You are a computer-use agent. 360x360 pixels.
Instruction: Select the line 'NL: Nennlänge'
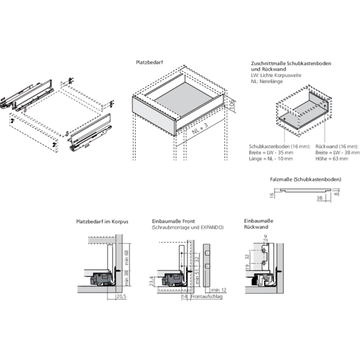tap(266, 81)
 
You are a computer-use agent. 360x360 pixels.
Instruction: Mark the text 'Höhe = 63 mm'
tap(330, 158)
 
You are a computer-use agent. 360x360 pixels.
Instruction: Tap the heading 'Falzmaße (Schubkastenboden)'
tap(306, 179)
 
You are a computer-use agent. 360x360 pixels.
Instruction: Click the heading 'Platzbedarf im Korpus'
tap(102, 221)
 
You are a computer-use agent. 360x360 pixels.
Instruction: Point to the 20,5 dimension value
tap(121, 296)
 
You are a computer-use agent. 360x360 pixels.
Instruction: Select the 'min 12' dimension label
tap(217, 291)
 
